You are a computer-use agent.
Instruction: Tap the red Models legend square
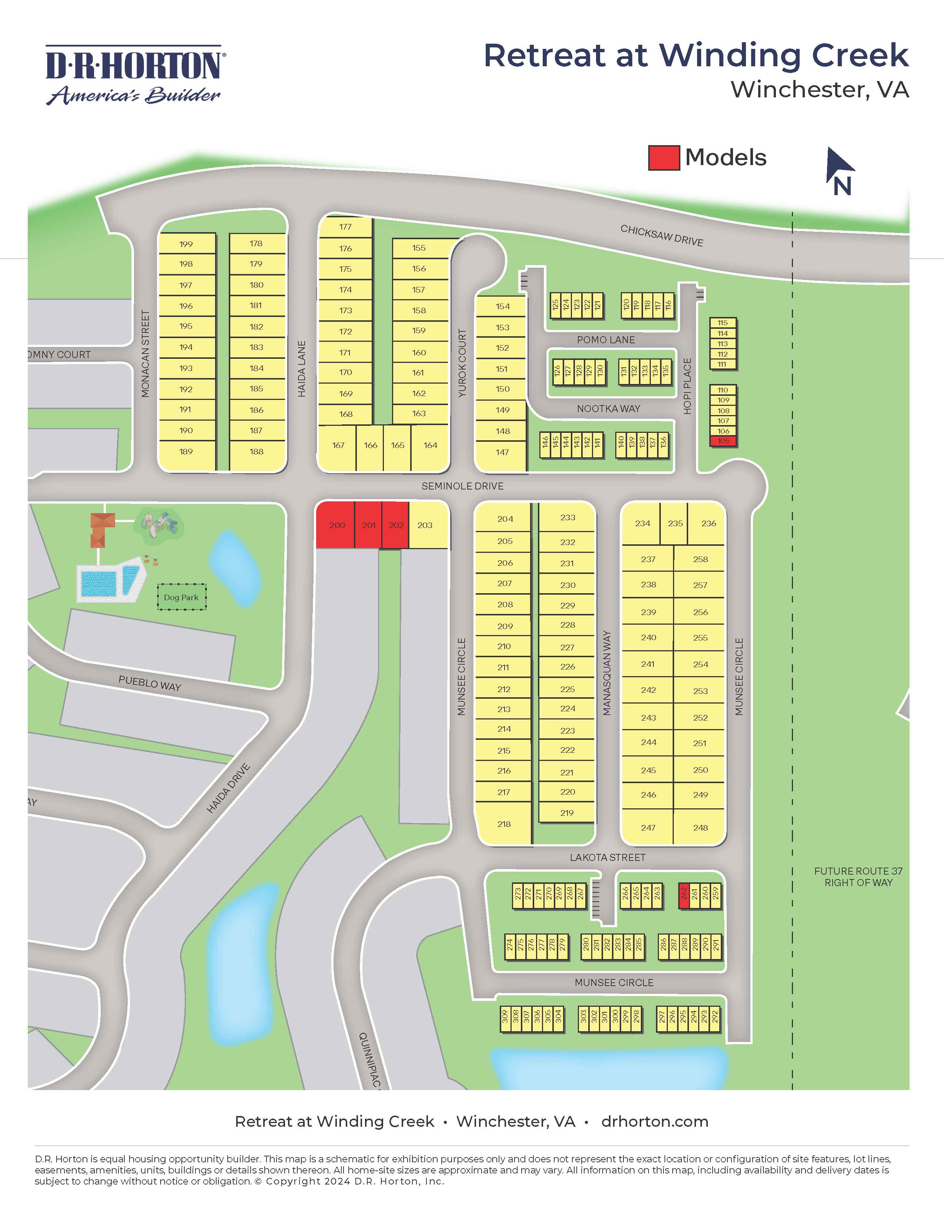click(x=664, y=158)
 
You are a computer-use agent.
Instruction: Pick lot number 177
click(x=345, y=227)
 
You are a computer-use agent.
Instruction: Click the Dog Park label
click(x=181, y=597)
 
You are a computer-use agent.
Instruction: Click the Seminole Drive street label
click(x=462, y=486)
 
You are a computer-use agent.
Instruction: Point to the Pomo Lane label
click(x=606, y=340)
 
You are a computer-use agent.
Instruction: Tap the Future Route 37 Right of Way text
click(x=858, y=877)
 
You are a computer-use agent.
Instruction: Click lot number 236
click(x=708, y=523)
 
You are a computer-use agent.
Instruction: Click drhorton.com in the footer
click(x=655, y=1122)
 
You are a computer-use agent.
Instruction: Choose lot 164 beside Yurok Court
click(x=430, y=445)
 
